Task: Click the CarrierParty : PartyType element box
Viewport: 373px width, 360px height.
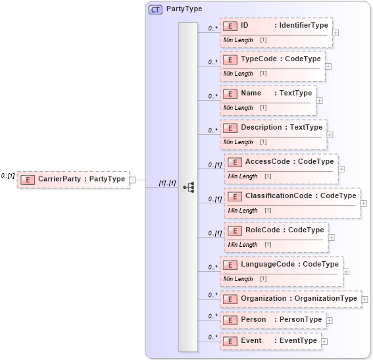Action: coord(72,179)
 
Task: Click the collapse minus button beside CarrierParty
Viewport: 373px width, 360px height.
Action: coord(132,179)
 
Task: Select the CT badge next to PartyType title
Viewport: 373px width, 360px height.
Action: coord(155,9)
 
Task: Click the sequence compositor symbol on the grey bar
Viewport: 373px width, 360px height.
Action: coord(188,187)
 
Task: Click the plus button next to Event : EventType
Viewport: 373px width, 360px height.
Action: coord(324,342)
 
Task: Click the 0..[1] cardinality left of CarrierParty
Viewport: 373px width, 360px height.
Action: coord(8,176)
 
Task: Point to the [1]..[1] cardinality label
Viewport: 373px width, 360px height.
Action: coord(167,183)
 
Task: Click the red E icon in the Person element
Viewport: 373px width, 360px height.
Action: coord(230,320)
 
